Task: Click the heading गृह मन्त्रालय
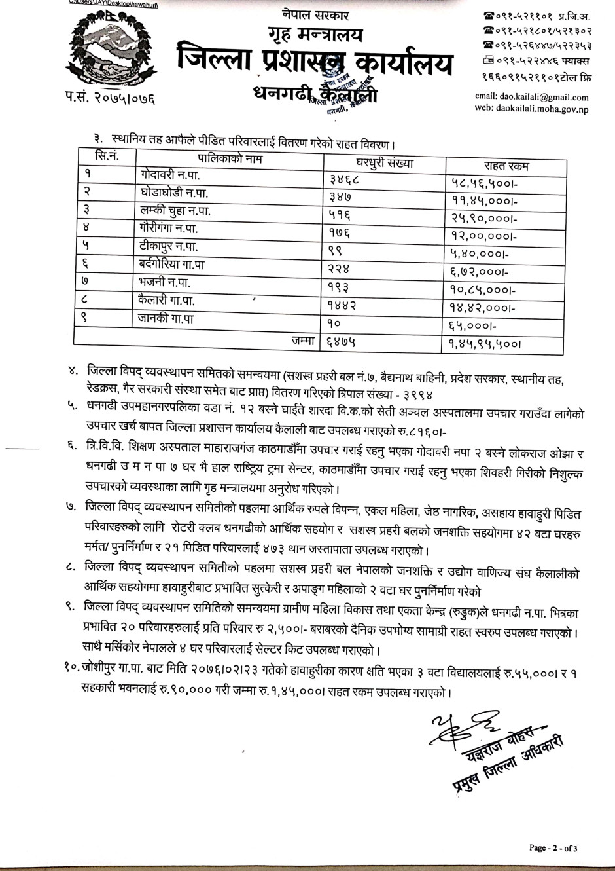click(314, 35)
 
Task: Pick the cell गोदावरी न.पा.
click(169, 176)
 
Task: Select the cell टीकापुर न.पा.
click(169, 247)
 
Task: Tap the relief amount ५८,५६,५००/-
click(480, 183)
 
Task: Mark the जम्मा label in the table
click(304, 340)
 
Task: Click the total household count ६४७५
click(341, 341)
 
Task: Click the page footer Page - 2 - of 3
click(553, 848)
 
